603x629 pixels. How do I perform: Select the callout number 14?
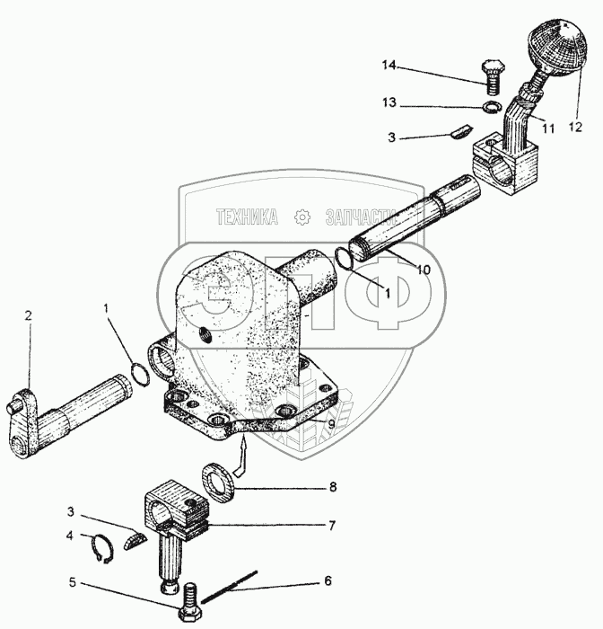(388, 66)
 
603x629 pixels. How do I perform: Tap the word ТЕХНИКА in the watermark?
(246, 217)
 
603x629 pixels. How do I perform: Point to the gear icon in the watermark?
(301, 217)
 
